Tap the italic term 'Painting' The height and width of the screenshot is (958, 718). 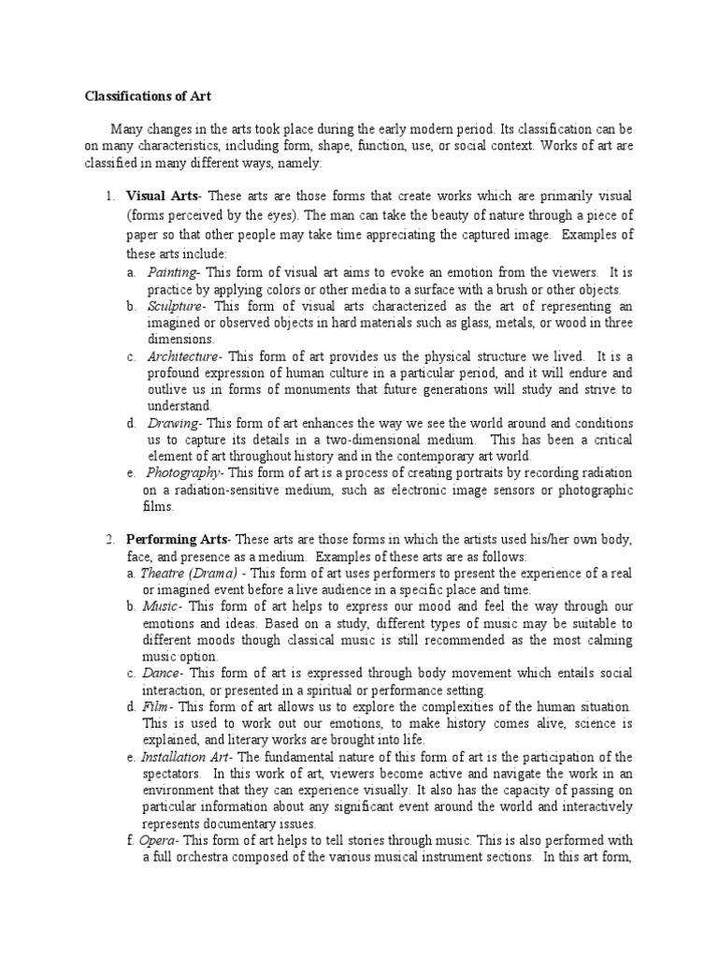click(172, 272)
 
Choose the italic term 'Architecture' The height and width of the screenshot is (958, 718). click(182, 356)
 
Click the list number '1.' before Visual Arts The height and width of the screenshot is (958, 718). click(109, 196)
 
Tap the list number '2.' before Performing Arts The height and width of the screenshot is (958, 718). click(109, 540)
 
